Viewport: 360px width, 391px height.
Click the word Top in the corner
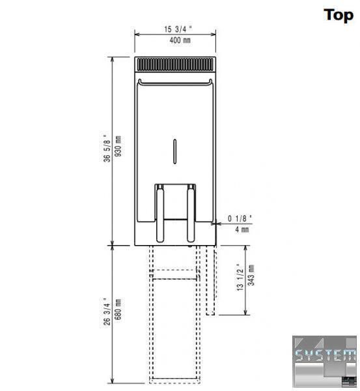point(339,16)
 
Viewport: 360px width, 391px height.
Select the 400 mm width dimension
point(180,40)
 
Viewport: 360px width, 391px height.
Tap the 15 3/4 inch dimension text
point(178,29)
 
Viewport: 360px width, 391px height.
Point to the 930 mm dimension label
point(118,146)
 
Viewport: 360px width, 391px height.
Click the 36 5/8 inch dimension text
point(107,148)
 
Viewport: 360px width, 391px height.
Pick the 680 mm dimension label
point(118,309)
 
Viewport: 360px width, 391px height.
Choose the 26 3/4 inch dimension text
point(107,311)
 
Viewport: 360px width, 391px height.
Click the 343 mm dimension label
point(251,275)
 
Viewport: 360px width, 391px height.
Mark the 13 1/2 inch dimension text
point(240,277)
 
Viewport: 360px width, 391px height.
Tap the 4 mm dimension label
point(242,229)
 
